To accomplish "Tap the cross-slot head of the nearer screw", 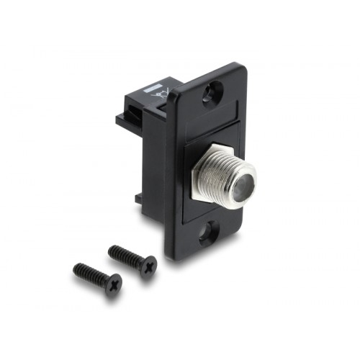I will coord(148,267).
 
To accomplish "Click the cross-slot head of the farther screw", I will coord(113,285).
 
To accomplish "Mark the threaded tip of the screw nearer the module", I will coord(112,250).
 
